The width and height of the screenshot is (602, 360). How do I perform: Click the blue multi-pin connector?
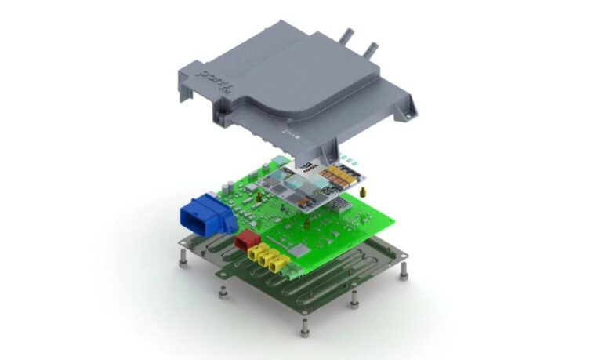click(205, 213)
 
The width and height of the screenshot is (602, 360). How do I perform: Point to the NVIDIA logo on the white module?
click(308, 166)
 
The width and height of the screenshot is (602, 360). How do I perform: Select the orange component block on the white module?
click(339, 174)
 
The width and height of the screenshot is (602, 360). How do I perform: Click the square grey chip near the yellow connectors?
click(301, 249)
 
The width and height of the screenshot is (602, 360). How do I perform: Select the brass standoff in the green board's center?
click(306, 223)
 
